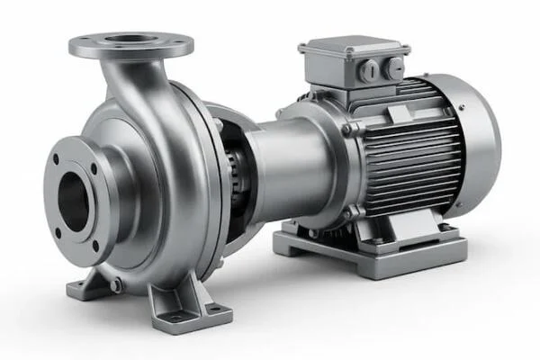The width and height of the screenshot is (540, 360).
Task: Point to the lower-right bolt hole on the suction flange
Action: (x=94, y=245)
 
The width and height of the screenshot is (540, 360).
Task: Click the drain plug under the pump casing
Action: (x=114, y=285)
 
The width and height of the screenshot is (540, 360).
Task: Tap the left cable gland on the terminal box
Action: (x=366, y=67)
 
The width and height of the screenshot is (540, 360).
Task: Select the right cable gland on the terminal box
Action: (x=392, y=67)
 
